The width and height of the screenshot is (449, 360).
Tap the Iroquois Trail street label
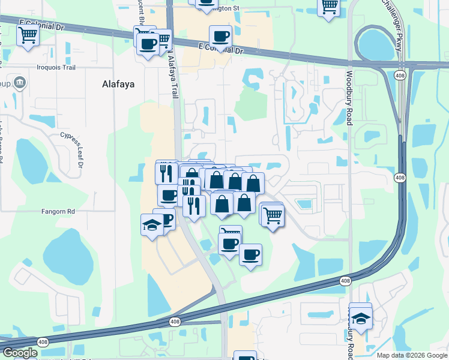tap(57, 67)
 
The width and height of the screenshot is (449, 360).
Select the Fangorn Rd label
tap(58, 211)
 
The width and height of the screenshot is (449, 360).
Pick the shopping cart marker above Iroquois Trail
tap(28, 35)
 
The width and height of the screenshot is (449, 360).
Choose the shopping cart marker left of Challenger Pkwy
tap(329, 7)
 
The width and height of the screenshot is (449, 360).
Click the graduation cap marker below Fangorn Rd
tap(152, 225)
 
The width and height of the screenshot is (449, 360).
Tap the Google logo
tap(19, 353)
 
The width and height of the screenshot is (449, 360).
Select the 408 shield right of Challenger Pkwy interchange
tap(399, 76)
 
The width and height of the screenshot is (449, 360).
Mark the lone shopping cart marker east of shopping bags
tap(273, 215)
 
